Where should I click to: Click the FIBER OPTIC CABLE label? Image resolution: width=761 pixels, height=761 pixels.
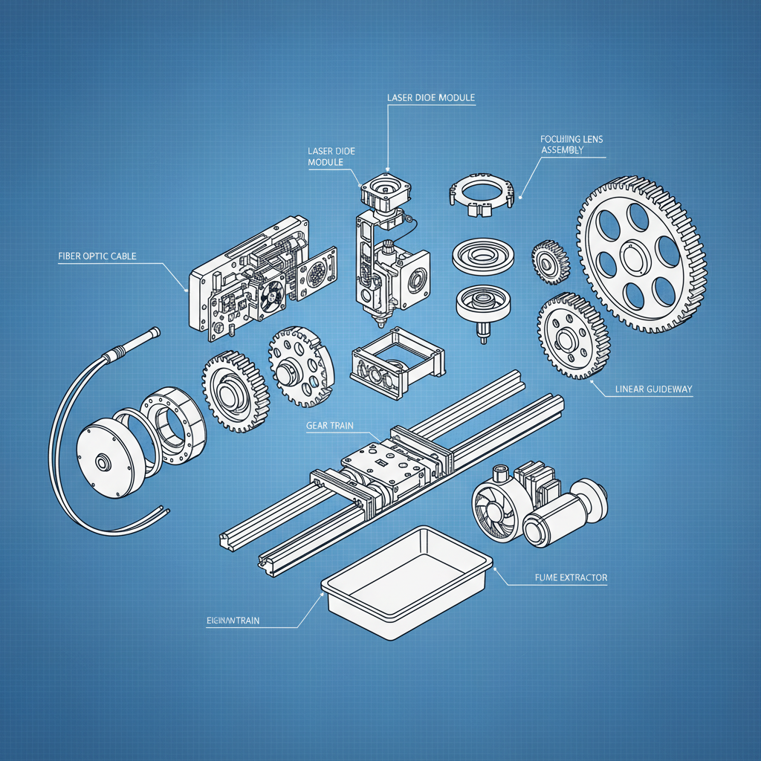pos(97,256)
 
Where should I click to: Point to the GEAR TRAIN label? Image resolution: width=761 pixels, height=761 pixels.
pos(329,426)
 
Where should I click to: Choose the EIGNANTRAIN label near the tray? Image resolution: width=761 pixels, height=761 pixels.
pos(232,621)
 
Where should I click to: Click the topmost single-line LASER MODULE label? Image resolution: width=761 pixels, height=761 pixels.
pos(431,98)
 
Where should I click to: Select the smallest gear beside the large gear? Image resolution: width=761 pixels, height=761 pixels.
pos(550,262)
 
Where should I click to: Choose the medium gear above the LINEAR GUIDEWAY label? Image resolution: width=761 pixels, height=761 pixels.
pos(572,334)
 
